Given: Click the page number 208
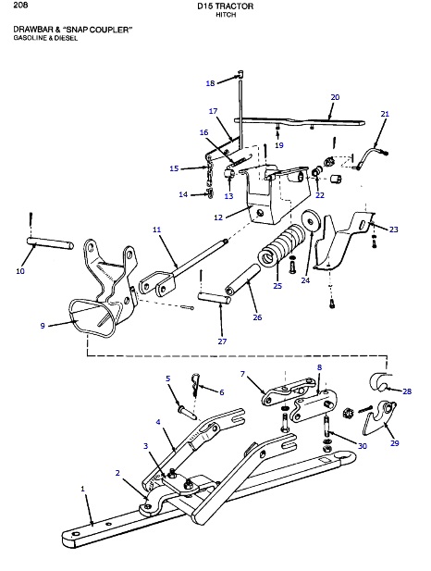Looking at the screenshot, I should coord(21,7).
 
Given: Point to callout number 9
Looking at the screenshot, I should coord(42,325).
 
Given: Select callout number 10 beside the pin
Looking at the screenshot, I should coord(20,271).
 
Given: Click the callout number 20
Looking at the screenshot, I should coord(335,97).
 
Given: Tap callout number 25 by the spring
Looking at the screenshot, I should coord(276,286).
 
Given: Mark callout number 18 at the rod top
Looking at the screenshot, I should coord(210,83).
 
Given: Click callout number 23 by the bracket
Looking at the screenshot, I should coord(393,229).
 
